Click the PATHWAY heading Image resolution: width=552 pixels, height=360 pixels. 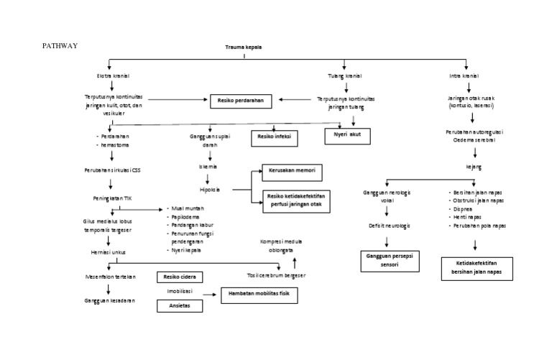[60, 45]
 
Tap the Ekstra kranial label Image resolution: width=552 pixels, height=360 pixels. [111, 75]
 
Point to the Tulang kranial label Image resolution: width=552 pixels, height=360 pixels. [344, 75]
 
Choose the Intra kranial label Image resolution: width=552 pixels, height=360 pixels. [465, 75]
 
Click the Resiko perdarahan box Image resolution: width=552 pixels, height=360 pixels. [241, 101]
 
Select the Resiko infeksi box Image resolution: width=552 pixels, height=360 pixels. [275, 135]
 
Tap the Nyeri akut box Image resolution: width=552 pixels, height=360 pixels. [347, 135]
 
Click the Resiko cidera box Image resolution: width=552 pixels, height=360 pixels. [180, 277]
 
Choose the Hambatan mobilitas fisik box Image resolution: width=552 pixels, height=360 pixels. [259, 295]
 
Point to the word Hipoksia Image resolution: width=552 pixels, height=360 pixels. [210, 190]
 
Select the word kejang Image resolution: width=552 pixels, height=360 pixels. [474, 167]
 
